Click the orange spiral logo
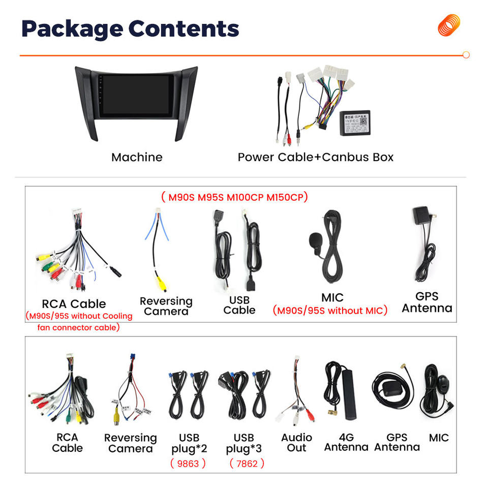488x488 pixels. tap(449, 25)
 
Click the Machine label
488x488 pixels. tap(137, 157)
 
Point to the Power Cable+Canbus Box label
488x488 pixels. tap(315, 157)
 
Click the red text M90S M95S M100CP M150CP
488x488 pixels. tap(234, 197)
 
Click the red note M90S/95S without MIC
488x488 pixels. tap(330, 311)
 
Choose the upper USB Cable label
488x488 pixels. tap(239, 305)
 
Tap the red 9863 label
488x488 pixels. tap(188, 463)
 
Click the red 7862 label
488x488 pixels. tap(247, 463)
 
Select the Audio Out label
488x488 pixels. tap(296, 442)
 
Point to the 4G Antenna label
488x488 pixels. tap(346, 442)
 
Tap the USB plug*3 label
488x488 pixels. tap(244, 442)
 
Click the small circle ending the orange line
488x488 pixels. tap(466, 55)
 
